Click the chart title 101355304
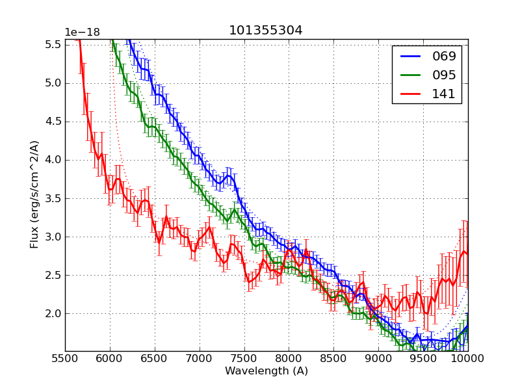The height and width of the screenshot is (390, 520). pos(265,31)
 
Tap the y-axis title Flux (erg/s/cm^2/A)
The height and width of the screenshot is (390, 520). pos(35,194)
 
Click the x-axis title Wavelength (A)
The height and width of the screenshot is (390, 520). pos(266,371)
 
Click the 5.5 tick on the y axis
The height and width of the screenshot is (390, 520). pos(53,44)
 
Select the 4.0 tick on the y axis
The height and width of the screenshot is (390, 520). pos(53,160)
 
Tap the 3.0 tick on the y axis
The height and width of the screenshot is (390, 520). pos(53,237)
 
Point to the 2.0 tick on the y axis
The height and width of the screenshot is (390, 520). pos(53,314)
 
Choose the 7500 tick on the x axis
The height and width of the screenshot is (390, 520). pos(244,358)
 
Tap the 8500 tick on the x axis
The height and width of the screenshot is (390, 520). pos(333,358)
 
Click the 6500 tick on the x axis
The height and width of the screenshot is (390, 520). pos(155,358)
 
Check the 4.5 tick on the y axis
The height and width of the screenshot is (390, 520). pos(53,122)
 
